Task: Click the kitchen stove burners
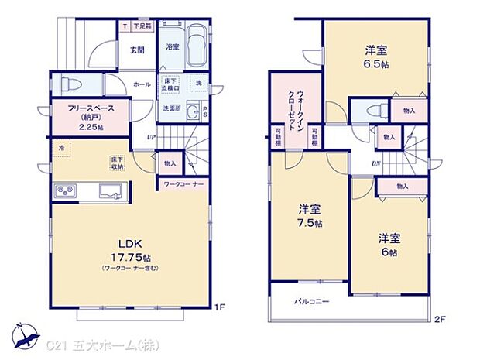pos(64,190)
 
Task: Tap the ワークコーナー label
pos(183,184)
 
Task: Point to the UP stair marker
pos(153,138)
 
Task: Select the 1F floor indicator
pos(220,307)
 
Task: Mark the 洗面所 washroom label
pos(171,108)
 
